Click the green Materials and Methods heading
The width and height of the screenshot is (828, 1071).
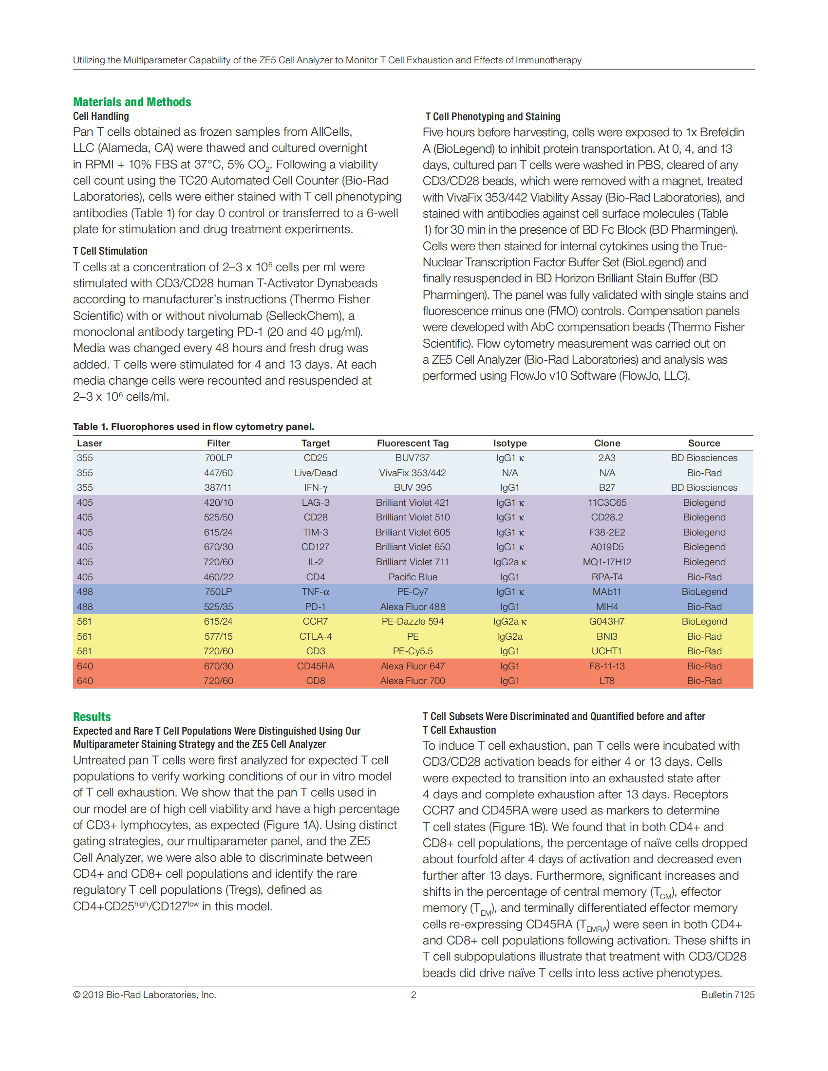(132, 102)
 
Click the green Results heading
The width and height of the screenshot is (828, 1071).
(92, 717)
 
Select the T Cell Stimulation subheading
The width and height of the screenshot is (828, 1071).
(110, 251)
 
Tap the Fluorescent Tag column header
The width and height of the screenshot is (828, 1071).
(413, 443)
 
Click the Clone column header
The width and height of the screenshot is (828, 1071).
(607, 443)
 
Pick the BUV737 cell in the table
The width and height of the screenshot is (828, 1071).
(413, 458)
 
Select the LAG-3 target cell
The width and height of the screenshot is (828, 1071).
(316, 503)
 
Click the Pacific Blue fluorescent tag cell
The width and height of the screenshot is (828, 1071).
(413, 577)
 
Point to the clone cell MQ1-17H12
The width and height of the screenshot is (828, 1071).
(607, 562)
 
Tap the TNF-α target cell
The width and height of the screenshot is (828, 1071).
(316, 592)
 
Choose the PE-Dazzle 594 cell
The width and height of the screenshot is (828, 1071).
(413, 621)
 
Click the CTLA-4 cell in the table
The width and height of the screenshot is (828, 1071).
(316, 637)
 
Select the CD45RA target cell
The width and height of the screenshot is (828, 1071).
(316, 666)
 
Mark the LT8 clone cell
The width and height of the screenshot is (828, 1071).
(607, 681)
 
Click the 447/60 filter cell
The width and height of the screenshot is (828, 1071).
(218, 473)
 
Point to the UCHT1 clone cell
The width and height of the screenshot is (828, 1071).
(607, 651)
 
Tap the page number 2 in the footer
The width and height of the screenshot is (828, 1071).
(414, 995)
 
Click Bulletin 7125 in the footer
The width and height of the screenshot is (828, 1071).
(728, 995)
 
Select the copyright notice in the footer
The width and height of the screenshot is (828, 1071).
(145, 995)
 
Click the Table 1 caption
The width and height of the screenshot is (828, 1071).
(193, 426)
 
